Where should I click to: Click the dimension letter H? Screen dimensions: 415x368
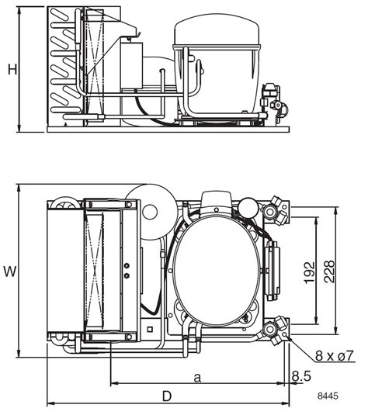coord(12,70)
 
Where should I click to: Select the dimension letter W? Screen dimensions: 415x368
coord(10,271)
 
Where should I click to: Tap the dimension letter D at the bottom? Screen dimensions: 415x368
coord(166,396)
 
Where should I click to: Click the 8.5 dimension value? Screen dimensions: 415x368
coord(303,376)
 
